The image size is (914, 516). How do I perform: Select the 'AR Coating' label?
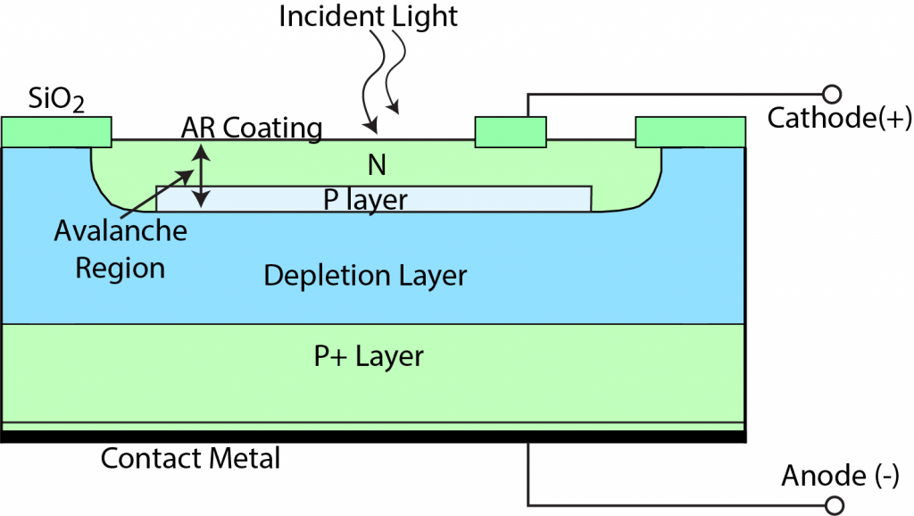(x=251, y=128)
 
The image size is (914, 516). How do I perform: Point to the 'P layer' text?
(x=365, y=199)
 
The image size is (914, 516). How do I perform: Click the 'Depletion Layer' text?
(x=365, y=275)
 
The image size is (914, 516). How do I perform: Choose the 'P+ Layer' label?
(x=369, y=357)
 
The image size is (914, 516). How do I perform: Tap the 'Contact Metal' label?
(x=190, y=459)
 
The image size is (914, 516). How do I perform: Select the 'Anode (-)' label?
(x=840, y=476)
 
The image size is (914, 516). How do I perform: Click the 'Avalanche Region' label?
(x=120, y=250)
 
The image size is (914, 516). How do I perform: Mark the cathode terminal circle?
(x=831, y=93)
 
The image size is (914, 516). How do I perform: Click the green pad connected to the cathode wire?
(x=510, y=131)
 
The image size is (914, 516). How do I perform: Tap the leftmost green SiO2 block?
(x=56, y=131)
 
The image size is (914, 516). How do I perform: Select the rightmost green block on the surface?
(x=690, y=131)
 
